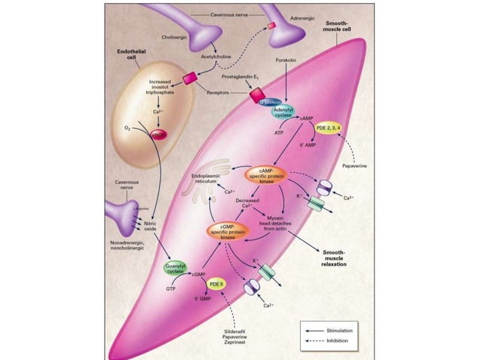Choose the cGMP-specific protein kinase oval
[x=227, y=233]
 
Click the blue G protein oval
[x=270, y=101]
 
